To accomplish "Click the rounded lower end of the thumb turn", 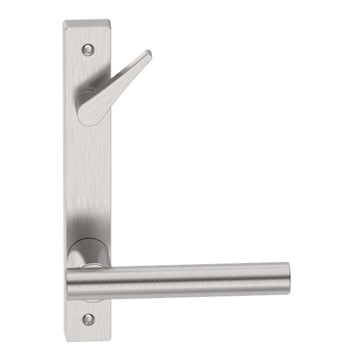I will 85,113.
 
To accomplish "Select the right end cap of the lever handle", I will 285,277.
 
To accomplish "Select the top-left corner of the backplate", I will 63,20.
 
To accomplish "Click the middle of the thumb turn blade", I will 116,83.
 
